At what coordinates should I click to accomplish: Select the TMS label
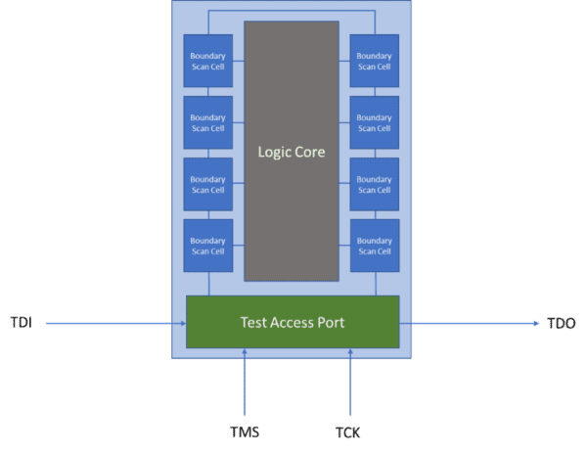pos(245,431)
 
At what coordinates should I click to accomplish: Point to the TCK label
pos(347,431)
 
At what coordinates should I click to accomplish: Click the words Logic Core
pos(292,152)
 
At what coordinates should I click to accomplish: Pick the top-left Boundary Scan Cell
pos(208,61)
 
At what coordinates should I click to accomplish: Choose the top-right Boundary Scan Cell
pos(375,61)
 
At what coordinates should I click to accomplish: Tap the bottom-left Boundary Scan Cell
pos(208,245)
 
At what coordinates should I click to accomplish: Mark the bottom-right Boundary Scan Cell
pos(375,245)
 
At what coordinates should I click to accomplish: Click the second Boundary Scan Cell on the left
pos(208,122)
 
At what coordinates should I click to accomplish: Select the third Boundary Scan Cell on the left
pos(208,184)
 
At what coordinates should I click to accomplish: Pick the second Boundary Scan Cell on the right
pos(375,122)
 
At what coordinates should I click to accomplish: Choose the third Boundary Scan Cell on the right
pos(375,184)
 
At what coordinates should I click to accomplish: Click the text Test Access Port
pos(293,322)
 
